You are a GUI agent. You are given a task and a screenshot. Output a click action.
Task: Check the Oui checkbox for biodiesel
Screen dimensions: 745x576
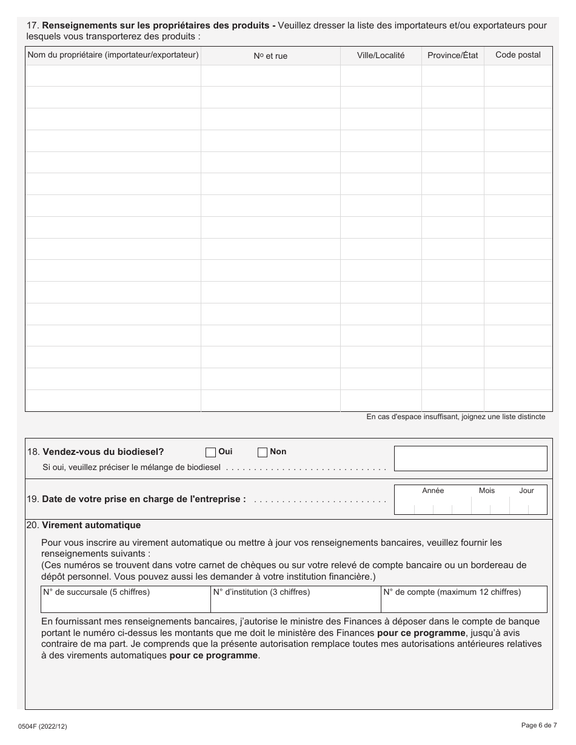(211, 452)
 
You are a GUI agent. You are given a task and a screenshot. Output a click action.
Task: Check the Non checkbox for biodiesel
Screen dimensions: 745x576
(263, 452)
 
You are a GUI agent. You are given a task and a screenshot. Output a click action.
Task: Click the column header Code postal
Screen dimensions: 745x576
(518, 55)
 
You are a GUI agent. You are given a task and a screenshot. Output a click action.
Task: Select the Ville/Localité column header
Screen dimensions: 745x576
(381, 55)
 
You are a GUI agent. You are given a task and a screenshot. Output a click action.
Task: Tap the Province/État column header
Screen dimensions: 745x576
(452, 55)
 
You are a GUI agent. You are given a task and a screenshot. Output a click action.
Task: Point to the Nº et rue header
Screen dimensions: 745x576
(270, 56)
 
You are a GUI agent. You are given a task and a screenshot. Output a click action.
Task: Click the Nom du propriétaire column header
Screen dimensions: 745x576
(113, 55)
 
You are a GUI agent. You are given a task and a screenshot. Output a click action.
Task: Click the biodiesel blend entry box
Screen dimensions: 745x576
(471, 459)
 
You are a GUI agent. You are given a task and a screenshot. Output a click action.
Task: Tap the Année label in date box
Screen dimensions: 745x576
(433, 491)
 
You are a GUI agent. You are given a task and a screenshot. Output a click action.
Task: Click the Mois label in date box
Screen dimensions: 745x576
(486, 491)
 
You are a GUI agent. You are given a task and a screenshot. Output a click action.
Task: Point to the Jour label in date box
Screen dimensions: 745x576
(526, 491)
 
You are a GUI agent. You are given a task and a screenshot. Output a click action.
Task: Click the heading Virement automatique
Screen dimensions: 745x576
(91, 525)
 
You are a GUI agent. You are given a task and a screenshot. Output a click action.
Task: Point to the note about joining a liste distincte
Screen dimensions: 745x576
(455, 417)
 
